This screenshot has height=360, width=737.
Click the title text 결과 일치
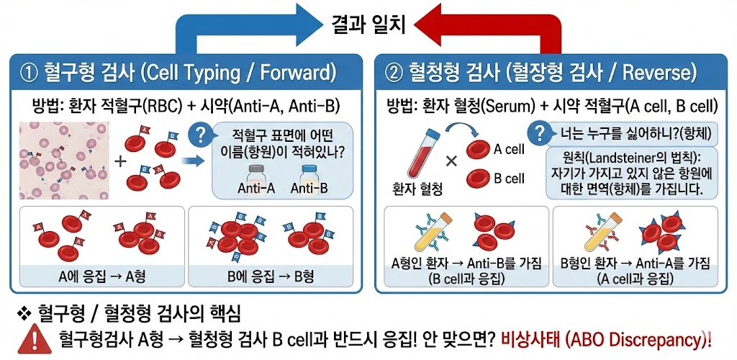(368, 24)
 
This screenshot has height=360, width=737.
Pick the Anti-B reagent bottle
(309, 176)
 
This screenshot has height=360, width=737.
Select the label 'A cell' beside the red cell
(509, 149)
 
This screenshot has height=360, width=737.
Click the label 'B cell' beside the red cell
(509, 179)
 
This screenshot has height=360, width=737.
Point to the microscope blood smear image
(65, 160)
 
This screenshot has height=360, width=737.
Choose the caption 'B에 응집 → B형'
(271, 276)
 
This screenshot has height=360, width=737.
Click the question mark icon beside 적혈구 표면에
(199, 135)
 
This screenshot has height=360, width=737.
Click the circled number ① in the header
(30, 73)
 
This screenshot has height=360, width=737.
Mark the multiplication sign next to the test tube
(451, 161)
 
